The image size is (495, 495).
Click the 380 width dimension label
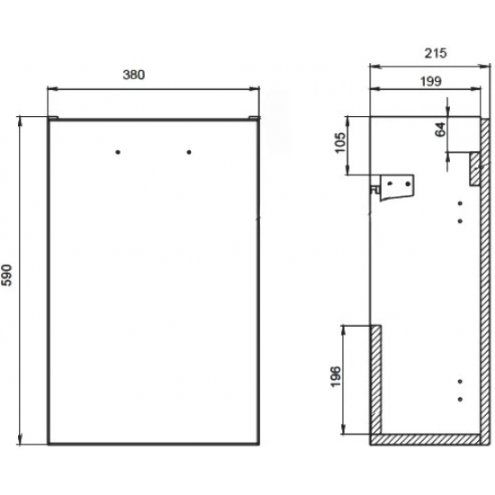tap(134, 75)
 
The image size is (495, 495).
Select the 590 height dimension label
tap(7, 275)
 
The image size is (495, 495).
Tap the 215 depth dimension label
tap(436, 53)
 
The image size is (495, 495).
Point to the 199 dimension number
tap(431, 81)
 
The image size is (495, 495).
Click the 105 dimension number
tap(340, 143)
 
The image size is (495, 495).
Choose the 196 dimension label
tap(336, 376)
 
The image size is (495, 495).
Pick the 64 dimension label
tap(441, 129)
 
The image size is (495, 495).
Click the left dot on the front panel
tap(118, 152)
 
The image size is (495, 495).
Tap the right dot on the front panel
tap(189, 152)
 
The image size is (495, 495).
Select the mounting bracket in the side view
tap(393, 187)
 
